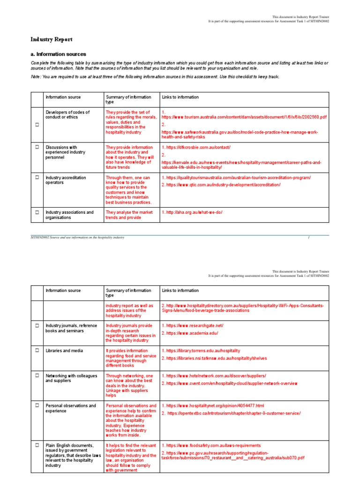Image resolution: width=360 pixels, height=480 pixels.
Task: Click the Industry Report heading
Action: coord(52,40)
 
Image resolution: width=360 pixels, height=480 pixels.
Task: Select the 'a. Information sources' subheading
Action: coord(58,54)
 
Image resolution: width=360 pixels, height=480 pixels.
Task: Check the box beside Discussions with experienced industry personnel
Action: coord(37,147)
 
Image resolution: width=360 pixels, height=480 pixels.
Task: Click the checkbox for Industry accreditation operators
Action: coord(37,178)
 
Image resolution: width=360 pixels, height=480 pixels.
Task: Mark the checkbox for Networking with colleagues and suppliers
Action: coord(37,376)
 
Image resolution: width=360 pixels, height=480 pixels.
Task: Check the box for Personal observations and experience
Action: coord(37,406)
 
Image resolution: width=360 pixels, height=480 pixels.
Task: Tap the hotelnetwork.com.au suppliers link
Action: coord(216,376)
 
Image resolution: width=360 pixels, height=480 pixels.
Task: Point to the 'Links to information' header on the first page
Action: coord(180,97)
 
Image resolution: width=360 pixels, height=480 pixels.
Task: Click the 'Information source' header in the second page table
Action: coord(63,291)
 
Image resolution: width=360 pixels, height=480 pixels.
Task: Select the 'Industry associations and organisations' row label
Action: coord(69,215)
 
